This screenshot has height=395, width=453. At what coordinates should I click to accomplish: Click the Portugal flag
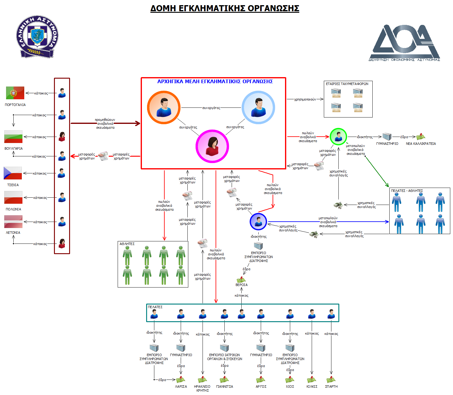point(15,93)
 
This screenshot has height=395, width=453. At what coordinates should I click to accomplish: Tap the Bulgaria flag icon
point(13,137)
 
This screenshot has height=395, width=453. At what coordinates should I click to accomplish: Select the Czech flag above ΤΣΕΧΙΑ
point(13,173)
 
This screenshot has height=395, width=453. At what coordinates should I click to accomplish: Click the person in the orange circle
point(164,107)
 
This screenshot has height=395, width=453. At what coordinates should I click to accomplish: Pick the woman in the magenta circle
point(212,146)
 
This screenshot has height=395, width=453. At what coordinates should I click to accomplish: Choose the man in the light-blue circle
point(258,107)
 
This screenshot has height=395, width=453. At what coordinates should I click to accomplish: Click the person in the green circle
point(338,137)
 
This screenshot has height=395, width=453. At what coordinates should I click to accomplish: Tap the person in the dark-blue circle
point(258,222)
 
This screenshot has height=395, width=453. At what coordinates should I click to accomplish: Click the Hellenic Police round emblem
point(37,36)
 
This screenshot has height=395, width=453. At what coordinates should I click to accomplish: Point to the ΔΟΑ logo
point(404,43)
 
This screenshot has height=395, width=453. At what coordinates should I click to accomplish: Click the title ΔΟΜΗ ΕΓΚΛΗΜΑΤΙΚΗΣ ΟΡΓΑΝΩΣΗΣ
point(225,8)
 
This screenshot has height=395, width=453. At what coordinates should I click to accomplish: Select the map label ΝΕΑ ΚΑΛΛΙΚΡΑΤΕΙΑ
point(421,144)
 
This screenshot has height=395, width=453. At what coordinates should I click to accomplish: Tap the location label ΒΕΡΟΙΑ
point(242,285)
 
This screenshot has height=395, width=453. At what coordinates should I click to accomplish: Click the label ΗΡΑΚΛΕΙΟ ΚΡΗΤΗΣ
point(202,388)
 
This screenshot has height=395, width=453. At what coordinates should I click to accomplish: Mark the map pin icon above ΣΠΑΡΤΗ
point(331,380)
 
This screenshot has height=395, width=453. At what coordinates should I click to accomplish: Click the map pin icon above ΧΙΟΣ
point(290,380)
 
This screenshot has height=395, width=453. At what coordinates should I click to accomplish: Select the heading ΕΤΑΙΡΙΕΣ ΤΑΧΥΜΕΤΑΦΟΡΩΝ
point(347,84)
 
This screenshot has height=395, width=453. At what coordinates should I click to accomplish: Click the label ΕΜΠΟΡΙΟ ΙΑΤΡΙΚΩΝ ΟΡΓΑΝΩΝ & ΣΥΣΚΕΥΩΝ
point(225,357)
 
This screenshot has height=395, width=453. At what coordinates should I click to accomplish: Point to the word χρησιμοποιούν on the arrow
point(305,99)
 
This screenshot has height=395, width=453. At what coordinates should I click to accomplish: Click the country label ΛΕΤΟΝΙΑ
point(13,233)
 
